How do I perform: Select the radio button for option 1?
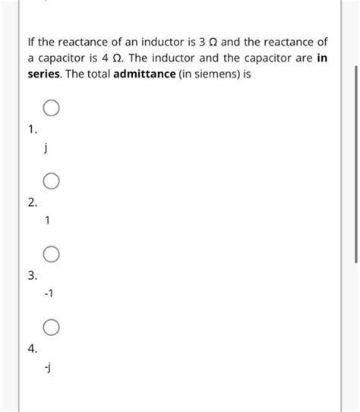pyautogui.click(x=51, y=109)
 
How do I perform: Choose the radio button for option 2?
pyautogui.click(x=51, y=182)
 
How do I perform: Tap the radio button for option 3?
pyautogui.click(x=51, y=254)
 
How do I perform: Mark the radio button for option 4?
pyautogui.click(x=51, y=328)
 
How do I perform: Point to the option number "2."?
pyautogui.click(x=31, y=203)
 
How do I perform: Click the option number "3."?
pyautogui.click(x=31, y=275)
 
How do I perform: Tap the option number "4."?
pyautogui.click(x=31, y=349)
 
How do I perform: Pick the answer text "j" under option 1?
pyautogui.click(x=47, y=149)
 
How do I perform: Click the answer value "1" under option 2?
pyautogui.click(x=48, y=221)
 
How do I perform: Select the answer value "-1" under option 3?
pyautogui.click(x=49, y=294)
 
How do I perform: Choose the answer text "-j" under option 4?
pyautogui.click(x=48, y=368)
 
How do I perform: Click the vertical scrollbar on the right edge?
pyautogui.click(x=355, y=163)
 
